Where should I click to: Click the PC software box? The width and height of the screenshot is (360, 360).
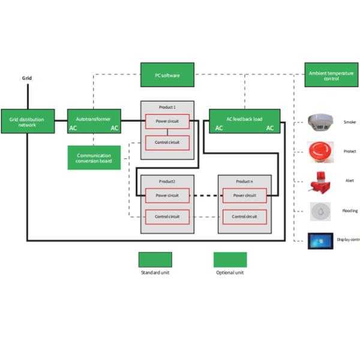pyautogui.click(x=167, y=75)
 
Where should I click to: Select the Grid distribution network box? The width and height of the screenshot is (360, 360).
pyautogui.click(x=28, y=121)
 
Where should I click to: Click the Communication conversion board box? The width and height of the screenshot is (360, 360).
pyautogui.click(x=94, y=157)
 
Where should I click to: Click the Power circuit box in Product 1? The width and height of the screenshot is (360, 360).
pyautogui.click(x=167, y=121)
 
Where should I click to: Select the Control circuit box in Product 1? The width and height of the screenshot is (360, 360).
pyautogui.click(x=167, y=143)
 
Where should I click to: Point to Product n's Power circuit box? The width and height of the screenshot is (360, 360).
pyautogui.click(x=244, y=196)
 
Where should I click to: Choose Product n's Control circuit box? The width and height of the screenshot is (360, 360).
pyautogui.click(x=244, y=217)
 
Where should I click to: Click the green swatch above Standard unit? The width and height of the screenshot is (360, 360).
pyautogui.click(x=155, y=259)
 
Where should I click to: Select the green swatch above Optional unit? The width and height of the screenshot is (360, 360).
pyautogui.click(x=230, y=259)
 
